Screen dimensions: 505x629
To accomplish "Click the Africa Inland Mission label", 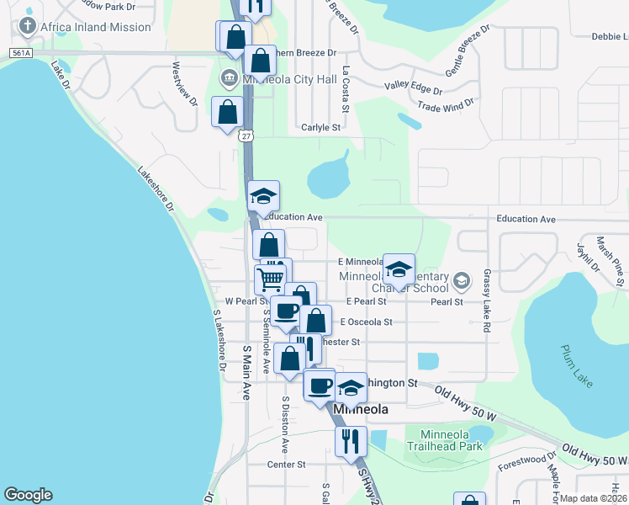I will point(95,27).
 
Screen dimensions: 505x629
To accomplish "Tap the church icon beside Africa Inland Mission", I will point(27,26).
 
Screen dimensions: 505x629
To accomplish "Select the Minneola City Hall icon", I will point(228,80).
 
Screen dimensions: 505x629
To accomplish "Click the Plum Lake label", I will point(578,365).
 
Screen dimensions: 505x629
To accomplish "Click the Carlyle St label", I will point(320,128).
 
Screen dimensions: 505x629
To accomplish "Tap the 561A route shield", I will point(22,53).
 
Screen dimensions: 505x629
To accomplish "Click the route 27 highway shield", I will point(245,136).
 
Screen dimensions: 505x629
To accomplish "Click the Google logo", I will point(28,495).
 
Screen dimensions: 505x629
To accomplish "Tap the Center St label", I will point(286,464).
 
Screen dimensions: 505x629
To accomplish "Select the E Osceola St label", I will point(367,322).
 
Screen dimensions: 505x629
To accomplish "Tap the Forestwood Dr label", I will point(521,460).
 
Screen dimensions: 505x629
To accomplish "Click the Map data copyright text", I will point(593,498).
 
